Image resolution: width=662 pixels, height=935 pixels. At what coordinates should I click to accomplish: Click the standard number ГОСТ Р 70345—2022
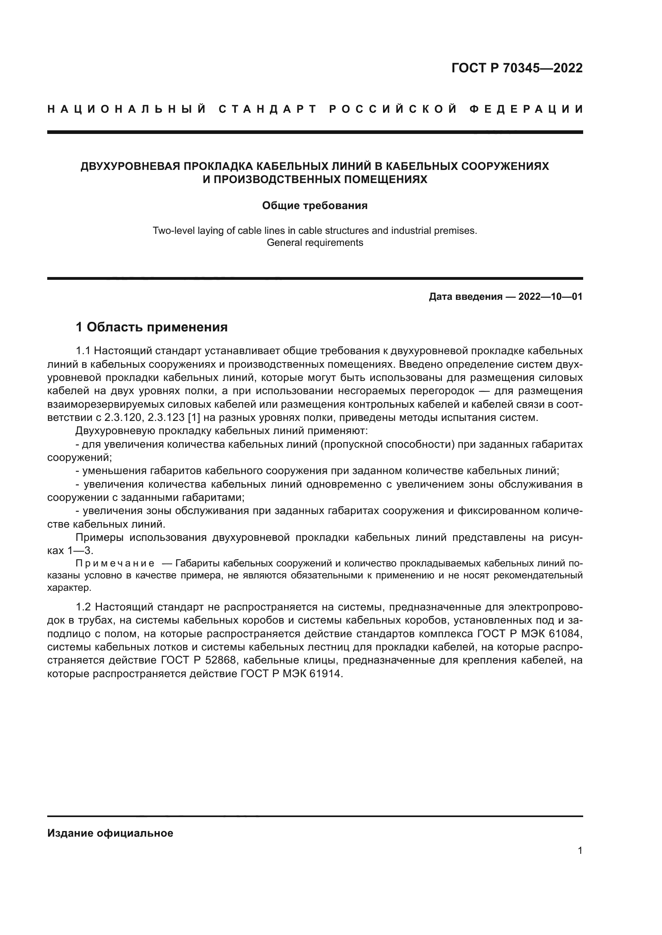click(517, 68)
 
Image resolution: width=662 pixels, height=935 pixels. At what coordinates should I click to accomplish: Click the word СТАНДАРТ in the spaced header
click(268, 109)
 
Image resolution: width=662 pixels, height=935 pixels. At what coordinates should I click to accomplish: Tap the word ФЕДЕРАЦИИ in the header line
click(526, 109)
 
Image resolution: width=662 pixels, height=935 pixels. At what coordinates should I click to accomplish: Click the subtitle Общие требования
click(315, 205)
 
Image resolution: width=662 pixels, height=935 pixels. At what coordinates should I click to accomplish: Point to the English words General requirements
click(315, 243)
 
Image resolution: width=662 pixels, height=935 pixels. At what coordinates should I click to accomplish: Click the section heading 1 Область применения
click(152, 327)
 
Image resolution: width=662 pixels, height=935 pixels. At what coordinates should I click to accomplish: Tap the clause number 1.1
click(84, 351)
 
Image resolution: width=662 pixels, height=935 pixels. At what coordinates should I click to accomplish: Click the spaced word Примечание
click(115, 564)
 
